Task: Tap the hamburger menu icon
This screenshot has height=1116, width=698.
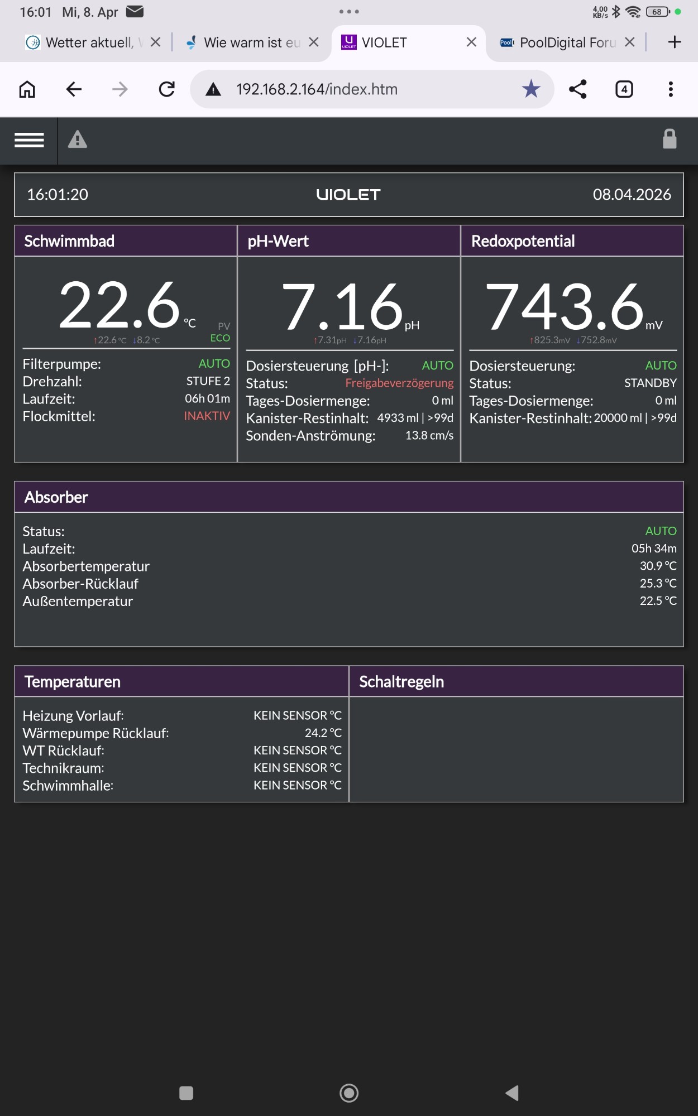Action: [29, 140]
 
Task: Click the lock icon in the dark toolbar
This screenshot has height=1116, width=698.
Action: [670, 139]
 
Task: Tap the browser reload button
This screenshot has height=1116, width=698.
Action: [166, 89]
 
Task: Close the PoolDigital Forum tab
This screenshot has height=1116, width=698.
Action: [630, 42]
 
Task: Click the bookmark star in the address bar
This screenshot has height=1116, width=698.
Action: [531, 89]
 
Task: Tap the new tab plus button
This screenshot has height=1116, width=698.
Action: [675, 42]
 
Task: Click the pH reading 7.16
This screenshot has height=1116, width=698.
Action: [342, 306]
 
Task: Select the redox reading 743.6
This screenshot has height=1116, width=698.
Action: [565, 306]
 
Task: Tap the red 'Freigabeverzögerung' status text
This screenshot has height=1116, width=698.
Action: [399, 383]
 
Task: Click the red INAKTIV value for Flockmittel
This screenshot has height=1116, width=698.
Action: [207, 416]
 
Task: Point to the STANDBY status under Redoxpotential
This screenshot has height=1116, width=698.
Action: [650, 383]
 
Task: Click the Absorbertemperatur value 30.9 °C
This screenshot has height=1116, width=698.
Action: [658, 566]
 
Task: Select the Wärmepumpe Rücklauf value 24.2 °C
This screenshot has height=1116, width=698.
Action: [323, 733]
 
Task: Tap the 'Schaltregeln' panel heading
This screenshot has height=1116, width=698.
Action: [401, 682]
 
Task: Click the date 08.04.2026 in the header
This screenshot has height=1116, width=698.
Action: [632, 194]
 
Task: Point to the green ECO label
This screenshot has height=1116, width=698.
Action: [220, 338]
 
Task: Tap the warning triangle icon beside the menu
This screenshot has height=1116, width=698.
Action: [78, 139]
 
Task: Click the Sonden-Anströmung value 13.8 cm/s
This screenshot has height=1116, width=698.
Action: [429, 435]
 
